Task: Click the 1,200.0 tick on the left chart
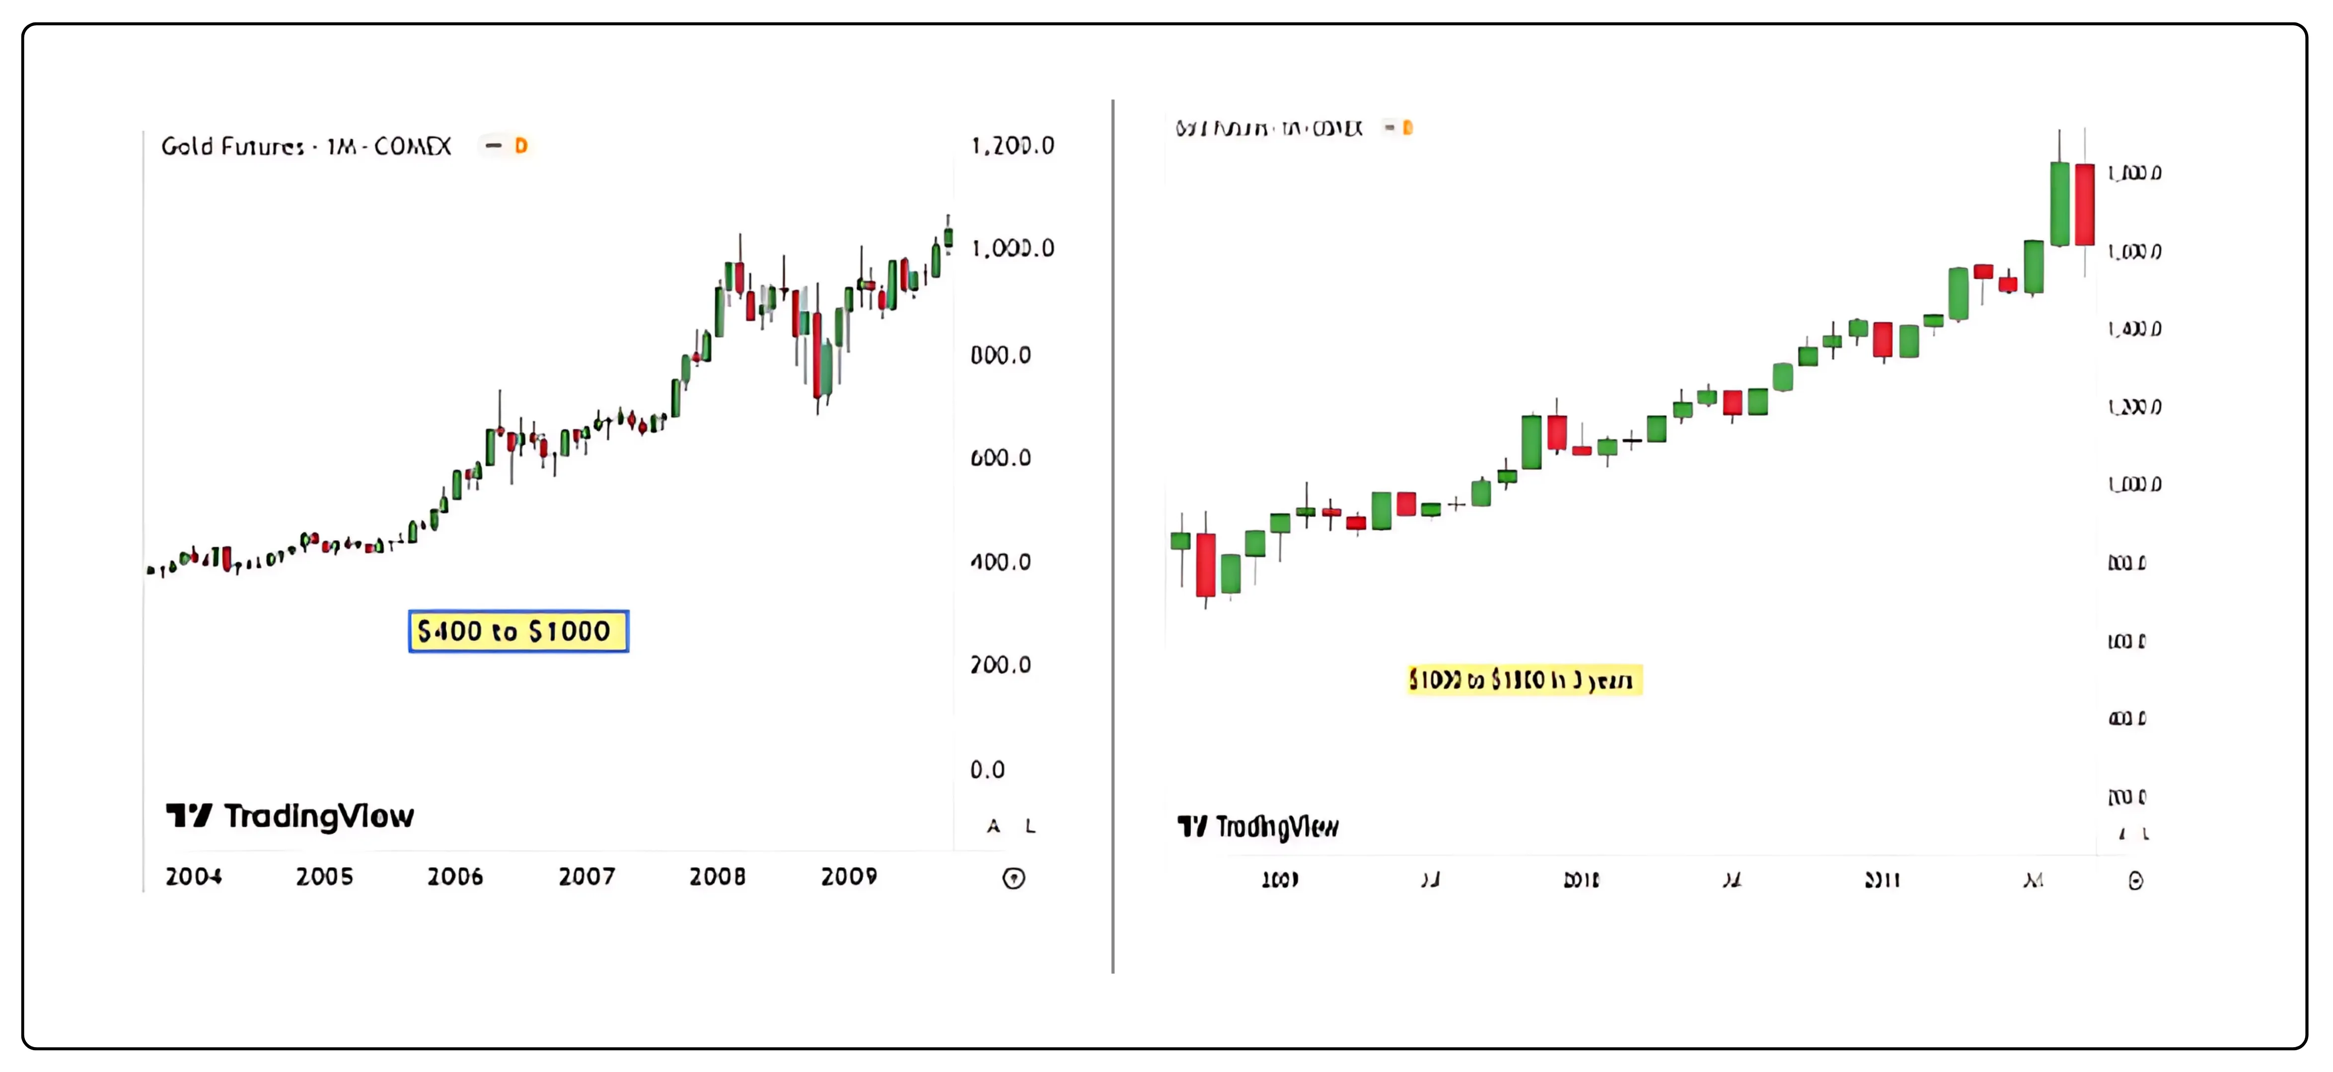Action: [x=1013, y=146]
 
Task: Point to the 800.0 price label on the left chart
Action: [x=1001, y=355]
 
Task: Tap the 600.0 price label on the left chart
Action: [x=1001, y=458]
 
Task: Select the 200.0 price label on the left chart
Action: [x=1001, y=666]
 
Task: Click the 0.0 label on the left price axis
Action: [x=987, y=770]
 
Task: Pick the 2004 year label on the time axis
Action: [x=194, y=876]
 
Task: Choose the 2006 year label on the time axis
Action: [x=455, y=876]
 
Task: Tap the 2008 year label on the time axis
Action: [x=717, y=876]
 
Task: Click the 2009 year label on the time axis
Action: [x=849, y=876]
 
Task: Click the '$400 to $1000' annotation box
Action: [x=518, y=631]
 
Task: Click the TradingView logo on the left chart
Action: [x=290, y=816]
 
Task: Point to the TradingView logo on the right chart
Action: [x=1257, y=826]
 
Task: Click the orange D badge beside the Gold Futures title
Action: [x=521, y=146]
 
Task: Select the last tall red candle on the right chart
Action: [x=2085, y=204]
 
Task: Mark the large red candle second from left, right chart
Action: [x=1205, y=564]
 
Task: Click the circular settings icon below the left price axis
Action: [x=1014, y=878]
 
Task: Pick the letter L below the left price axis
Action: [x=1030, y=826]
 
